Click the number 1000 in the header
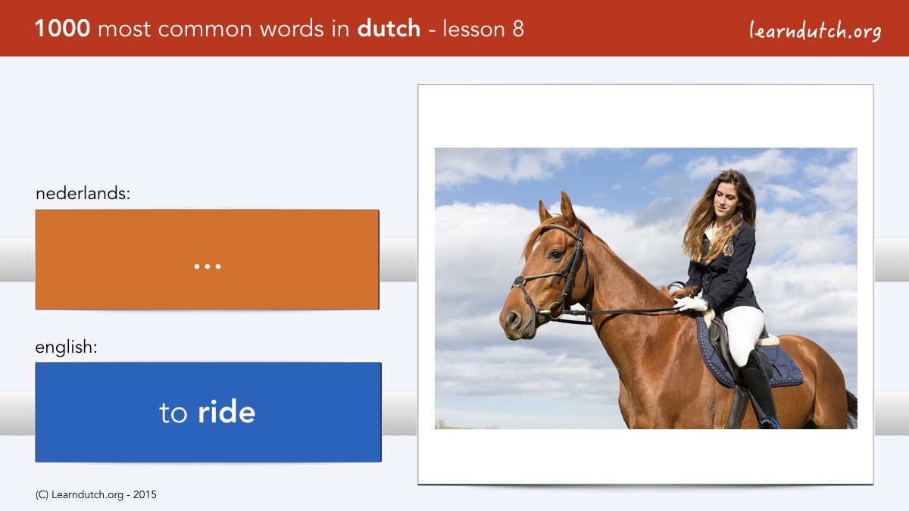pos(62,29)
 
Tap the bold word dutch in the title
pos(389,29)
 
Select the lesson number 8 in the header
pos(518,29)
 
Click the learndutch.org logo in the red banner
pos(815,31)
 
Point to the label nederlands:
pos(83,193)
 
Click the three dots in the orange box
pos(208,266)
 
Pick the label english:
pos(66,347)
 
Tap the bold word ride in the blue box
pos(226,412)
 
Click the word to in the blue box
pos(173,413)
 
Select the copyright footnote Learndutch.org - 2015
pos(95,495)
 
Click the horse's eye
pos(555,254)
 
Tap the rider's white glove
pos(691,304)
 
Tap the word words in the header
pos(292,29)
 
